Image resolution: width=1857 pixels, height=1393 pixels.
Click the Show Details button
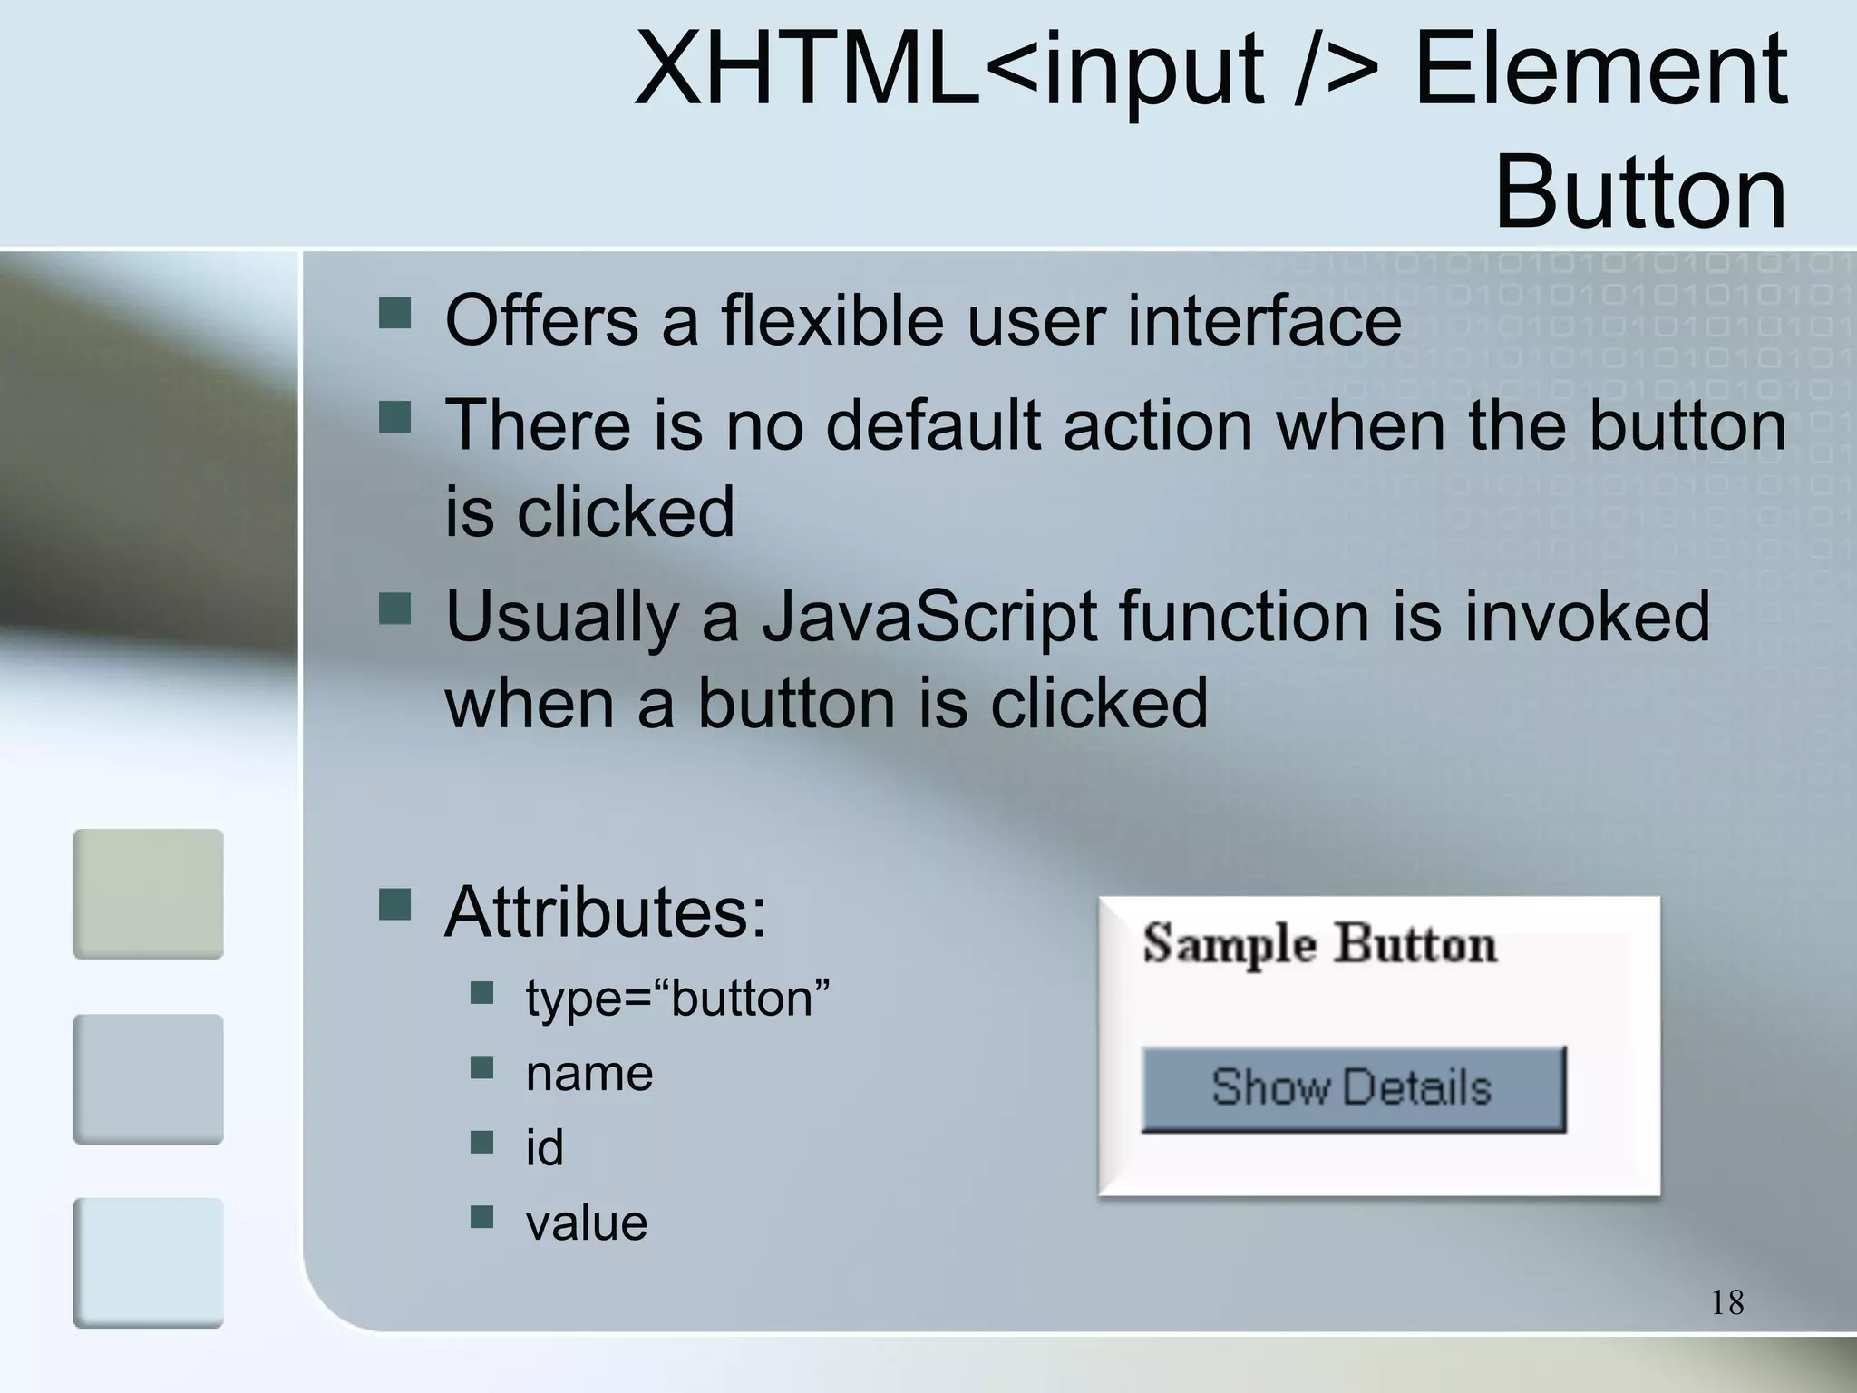click(1353, 1088)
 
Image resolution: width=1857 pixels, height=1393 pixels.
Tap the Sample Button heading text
click(1319, 944)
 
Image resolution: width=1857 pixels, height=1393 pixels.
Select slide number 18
click(1727, 1303)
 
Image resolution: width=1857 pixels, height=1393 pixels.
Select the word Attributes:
click(606, 911)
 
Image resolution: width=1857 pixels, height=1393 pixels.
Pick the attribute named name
click(589, 1074)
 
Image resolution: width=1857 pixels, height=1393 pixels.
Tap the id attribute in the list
click(544, 1148)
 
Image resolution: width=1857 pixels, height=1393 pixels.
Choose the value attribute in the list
click(587, 1223)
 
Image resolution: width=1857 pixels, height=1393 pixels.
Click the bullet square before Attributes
click(394, 904)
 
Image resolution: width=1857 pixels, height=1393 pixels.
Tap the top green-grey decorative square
click(148, 893)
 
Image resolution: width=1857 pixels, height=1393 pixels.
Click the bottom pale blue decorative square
click(148, 1262)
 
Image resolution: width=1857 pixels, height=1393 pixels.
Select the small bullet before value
click(481, 1216)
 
